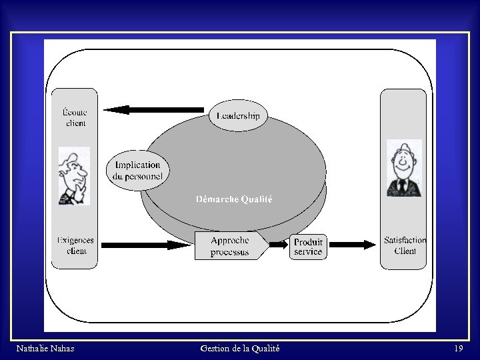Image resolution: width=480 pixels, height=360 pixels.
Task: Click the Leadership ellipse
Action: (238, 116)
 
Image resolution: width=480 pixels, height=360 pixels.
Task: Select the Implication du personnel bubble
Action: (137, 171)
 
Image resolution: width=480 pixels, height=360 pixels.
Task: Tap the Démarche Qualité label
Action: (234, 199)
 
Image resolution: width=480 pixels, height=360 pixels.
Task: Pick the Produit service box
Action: (308, 247)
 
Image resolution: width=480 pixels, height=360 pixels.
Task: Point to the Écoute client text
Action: (75, 118)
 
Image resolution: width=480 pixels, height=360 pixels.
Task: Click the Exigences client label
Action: (75, 245)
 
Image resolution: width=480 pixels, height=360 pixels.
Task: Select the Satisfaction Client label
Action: (405, 245)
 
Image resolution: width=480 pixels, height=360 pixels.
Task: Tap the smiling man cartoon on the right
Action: (403, 169)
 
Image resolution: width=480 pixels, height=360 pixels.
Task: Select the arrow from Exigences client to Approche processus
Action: (147, 245)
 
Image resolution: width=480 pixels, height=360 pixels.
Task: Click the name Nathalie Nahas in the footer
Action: (45, 349)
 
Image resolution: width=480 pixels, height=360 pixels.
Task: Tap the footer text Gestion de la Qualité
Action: (239, 349)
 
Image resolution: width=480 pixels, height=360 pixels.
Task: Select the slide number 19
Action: (458, 349)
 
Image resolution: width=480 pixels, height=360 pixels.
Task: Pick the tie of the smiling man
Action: (402, 185)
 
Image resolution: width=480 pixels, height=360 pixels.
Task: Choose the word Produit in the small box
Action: (308, 242)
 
